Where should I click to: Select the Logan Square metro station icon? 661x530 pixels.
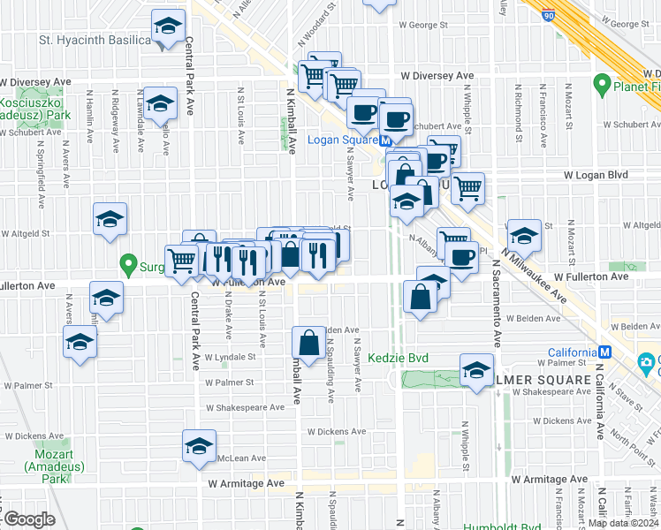[386, 140]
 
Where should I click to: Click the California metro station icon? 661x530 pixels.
[604, 352]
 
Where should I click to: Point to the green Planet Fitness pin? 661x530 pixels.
[603, 85]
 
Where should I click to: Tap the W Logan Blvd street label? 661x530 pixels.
[596, 175]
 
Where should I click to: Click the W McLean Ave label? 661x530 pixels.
[241, 458]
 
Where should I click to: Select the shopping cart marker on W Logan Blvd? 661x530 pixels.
[467, 186]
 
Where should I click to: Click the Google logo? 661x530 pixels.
[29, 519]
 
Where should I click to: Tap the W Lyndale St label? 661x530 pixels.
[230, 358]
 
